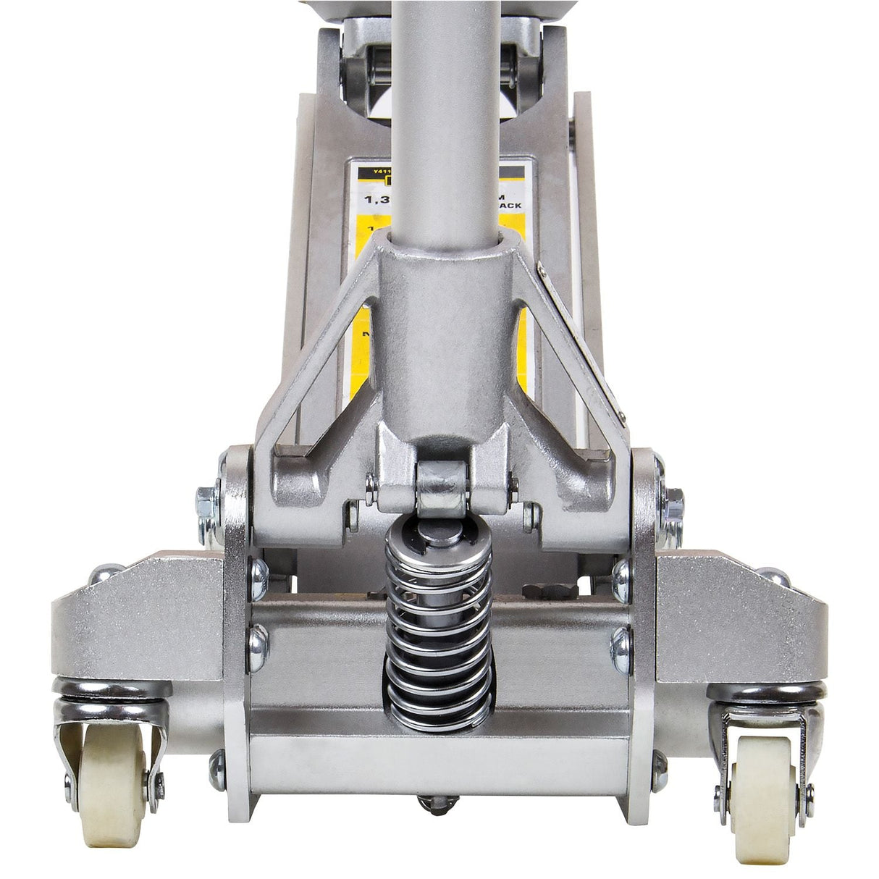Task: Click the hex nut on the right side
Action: [673, 500]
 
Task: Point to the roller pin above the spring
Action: [440, 484]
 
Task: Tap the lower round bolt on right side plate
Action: [621, 642]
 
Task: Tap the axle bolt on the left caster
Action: [155, 782]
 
